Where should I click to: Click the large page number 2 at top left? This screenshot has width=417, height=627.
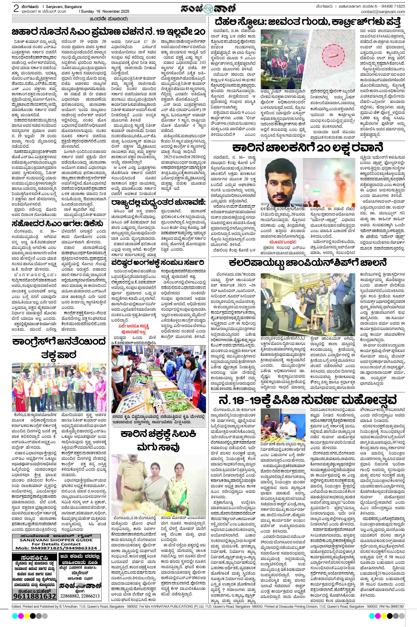coord(16,9)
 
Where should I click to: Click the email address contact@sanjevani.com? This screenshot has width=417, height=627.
coord(383,12)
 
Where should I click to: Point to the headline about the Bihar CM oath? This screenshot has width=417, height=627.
coord(109,32)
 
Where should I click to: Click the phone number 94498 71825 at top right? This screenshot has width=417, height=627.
coord(392,6)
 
